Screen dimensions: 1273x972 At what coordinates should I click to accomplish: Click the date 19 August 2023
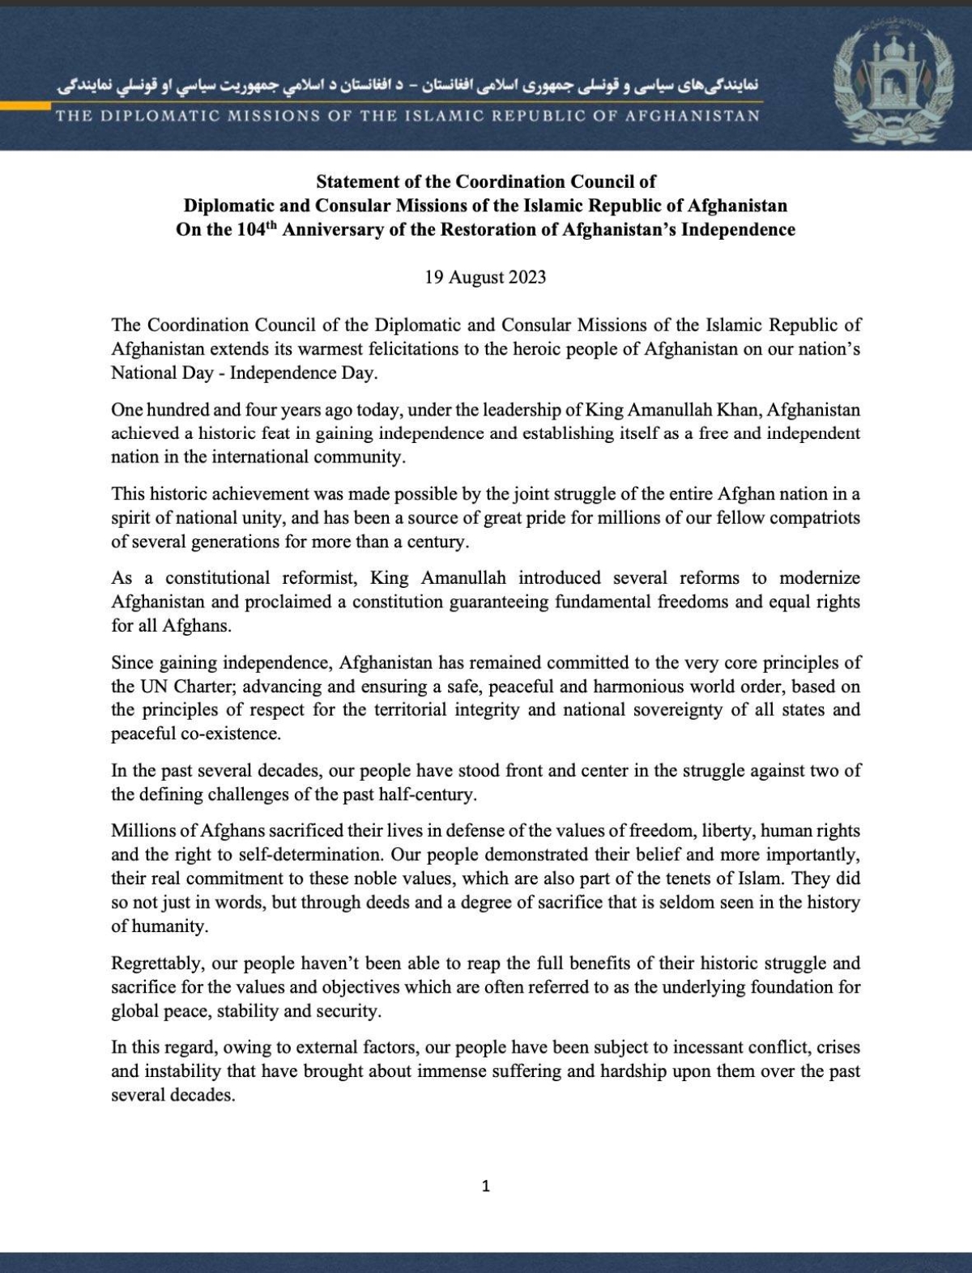(485, 278)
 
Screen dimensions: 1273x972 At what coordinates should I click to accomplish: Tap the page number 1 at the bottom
(486, 1187)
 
